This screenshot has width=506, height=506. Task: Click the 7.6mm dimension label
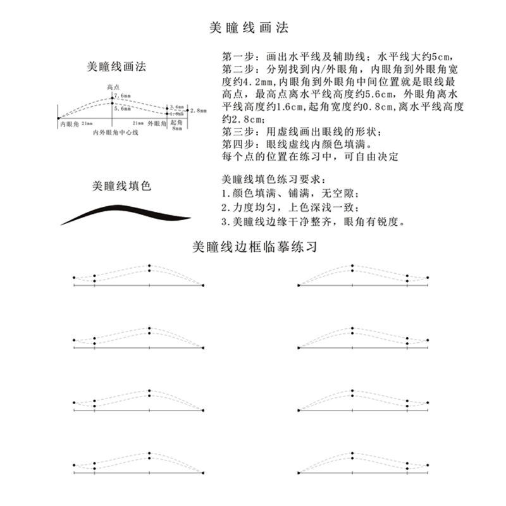[x=123, y=96]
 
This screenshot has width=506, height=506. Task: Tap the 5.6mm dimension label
[x=123, y=109]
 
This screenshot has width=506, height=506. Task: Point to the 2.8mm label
[x=199, y=110]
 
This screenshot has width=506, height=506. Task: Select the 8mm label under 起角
[x=176, y=128]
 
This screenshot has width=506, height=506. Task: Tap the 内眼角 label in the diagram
[x=68, y=124]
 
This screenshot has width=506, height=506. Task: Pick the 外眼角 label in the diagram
[x=157, y=124]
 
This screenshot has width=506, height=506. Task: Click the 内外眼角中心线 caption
[x=111, y=133]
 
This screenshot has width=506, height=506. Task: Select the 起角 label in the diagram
[x=176, y=123]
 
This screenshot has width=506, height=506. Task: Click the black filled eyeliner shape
[x=126, y=214]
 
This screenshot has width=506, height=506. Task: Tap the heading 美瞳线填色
[x=121, y=186]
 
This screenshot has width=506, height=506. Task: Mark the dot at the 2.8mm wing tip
[x=188, y=110]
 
